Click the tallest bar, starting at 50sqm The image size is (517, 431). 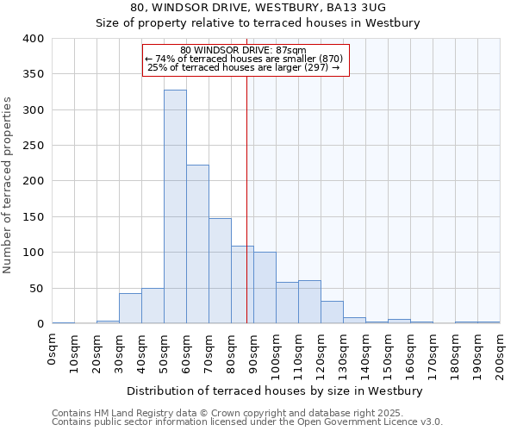175,207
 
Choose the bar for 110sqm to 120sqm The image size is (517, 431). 309,302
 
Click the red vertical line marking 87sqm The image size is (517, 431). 247,198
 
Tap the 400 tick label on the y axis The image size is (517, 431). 33,39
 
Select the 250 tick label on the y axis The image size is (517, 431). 33,146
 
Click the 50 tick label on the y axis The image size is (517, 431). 36,289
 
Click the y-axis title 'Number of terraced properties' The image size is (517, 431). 8,184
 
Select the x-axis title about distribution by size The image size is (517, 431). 274,391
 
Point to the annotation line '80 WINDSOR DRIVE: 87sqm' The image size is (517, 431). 244,50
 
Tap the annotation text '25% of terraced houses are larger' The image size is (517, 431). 244,67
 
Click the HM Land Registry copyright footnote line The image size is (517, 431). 246,413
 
